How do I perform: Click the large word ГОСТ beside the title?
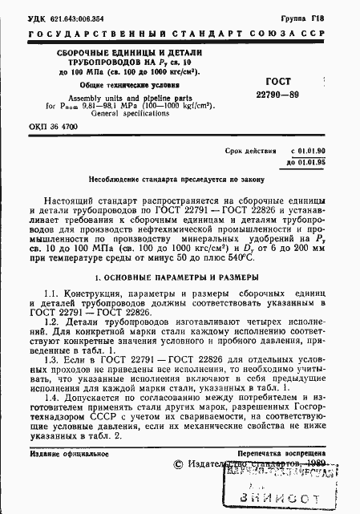coord(281,82)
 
